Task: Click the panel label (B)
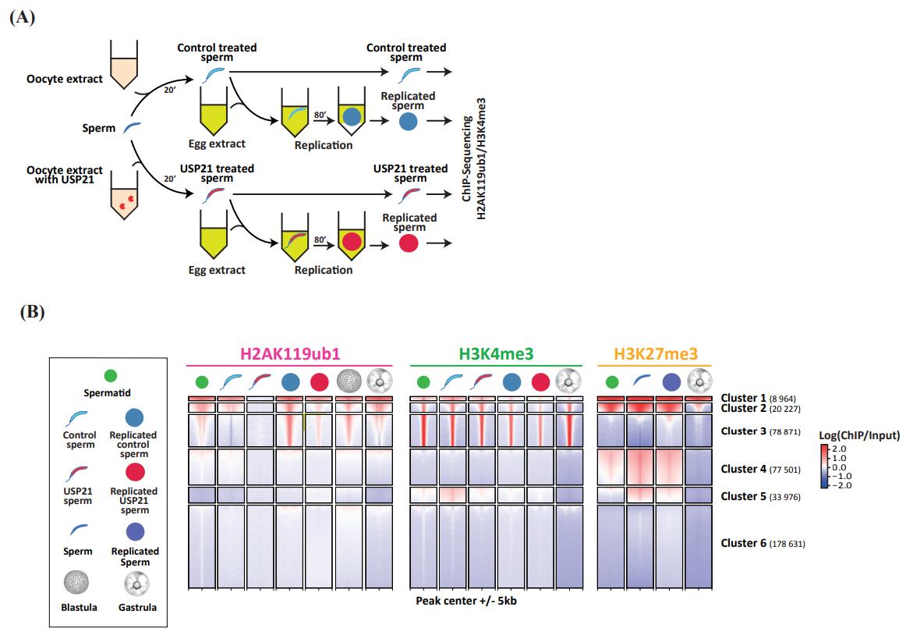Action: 32,313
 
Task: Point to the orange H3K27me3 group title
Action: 655,354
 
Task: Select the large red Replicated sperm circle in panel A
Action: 407,243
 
